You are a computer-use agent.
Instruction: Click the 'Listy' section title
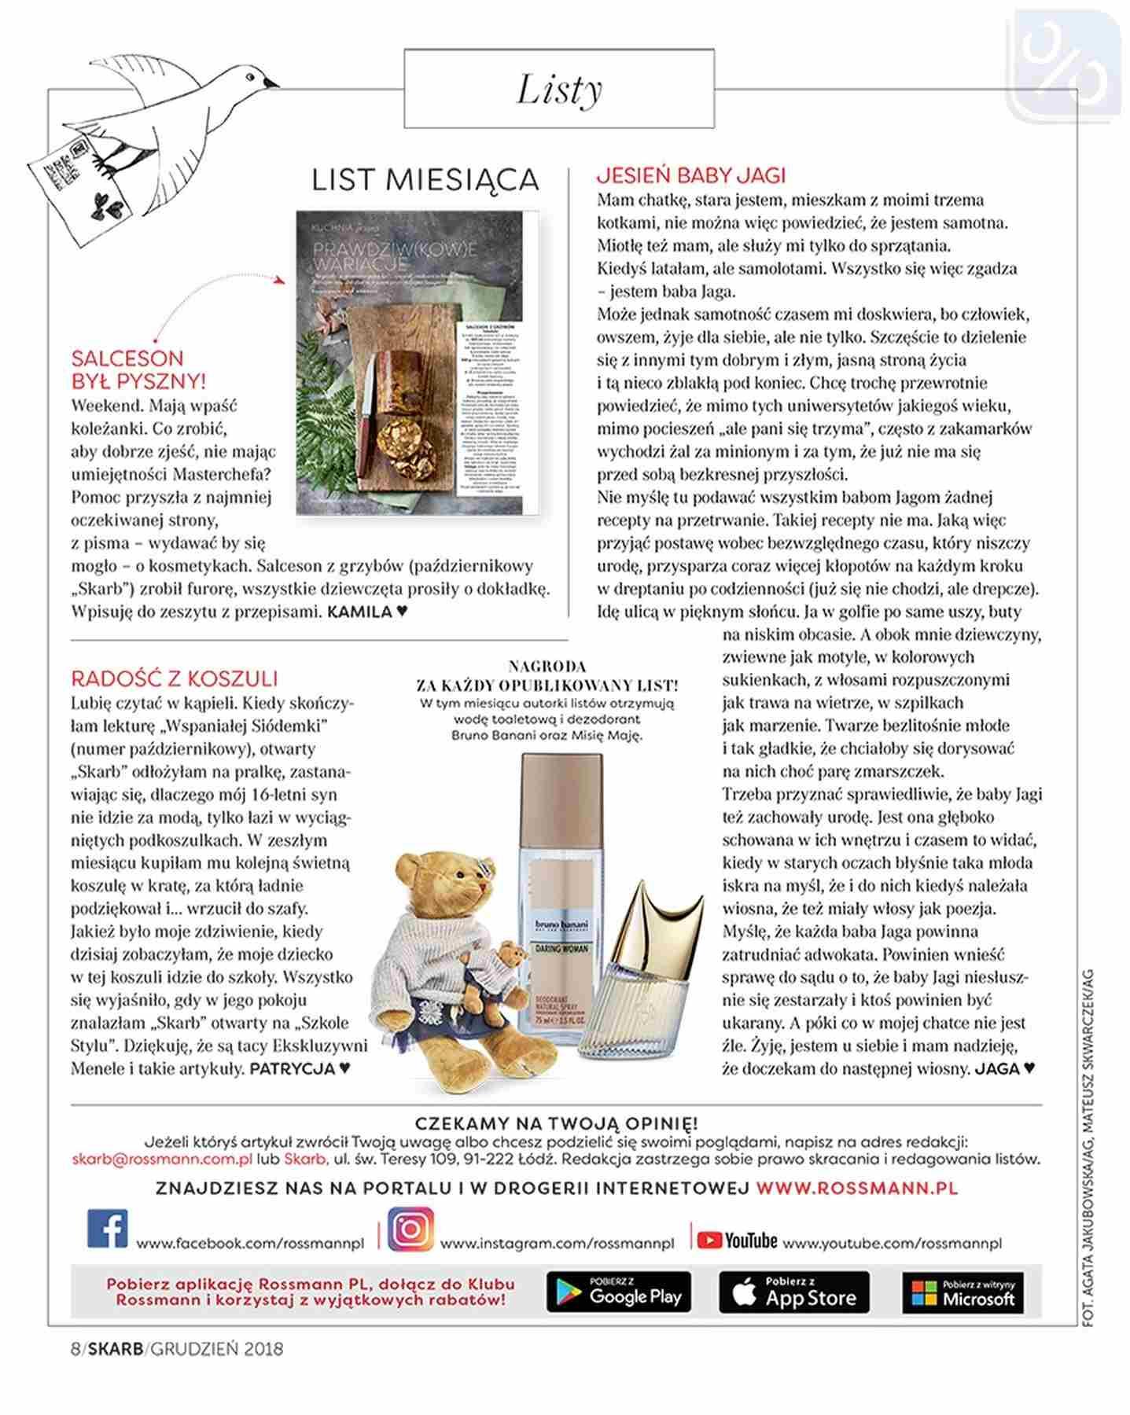[559, 89]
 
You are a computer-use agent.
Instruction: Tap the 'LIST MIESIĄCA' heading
[425, 180]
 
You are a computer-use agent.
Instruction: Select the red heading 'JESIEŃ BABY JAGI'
[690, 175]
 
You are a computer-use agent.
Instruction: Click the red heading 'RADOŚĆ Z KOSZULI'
[174, 678]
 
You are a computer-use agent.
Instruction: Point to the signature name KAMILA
[359, 611]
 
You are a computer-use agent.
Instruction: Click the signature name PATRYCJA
[292, 1068]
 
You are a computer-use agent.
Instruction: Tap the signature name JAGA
[996, 1068]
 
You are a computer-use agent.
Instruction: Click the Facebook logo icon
[107, 1229]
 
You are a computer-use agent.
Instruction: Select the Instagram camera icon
[410, 1228]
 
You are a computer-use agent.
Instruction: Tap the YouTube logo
[737, 1240]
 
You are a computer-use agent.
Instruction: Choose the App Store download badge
[793, 1292]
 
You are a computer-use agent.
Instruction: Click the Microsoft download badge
[963, 1292]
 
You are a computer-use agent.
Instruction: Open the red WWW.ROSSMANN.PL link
[857, 1188]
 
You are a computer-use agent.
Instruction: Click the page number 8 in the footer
[75, 1349]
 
